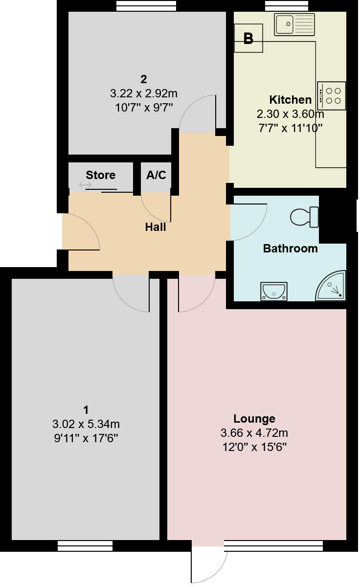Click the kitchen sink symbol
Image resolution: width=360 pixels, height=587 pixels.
pos(294,24)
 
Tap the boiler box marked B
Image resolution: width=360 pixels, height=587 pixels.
pos(248,39)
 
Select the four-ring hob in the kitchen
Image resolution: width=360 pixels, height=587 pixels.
pos(332,95)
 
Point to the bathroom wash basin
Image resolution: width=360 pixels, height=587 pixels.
pos(273,291)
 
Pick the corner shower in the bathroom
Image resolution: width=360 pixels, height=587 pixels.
pos(332,286)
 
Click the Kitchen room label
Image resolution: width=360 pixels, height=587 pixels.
pos(290,100)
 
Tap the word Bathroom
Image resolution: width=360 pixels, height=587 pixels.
pos(290,248)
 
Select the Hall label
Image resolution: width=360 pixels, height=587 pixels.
pos(156,227)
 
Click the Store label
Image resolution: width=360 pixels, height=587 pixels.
pos(101,175)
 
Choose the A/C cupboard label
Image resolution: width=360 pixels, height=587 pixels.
pos(157,175)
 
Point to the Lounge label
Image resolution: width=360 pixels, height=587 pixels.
pos(254,419)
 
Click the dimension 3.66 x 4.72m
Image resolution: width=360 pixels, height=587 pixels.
pos(254,433)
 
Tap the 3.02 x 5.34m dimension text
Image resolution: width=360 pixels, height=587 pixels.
pos(86,424)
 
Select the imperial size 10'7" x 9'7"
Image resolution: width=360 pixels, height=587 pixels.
pos(144,107)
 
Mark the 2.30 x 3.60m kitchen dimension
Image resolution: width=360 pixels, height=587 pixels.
pos(290,114)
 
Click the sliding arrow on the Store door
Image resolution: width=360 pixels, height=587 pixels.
pos(85,185)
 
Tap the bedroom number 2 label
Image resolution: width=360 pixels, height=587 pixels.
pos(144,79)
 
